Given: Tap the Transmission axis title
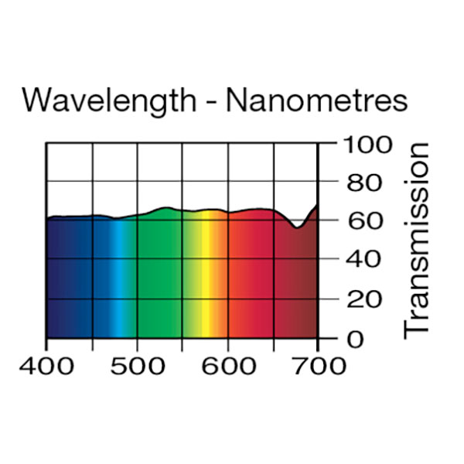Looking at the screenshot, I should pos(417,239).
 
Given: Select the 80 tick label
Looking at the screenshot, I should pos(363,183).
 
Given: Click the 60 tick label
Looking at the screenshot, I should pos(363,222).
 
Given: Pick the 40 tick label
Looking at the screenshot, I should pos(363,261).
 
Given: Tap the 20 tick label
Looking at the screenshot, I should pos(363,299).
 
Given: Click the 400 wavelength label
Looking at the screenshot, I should pos(47,365).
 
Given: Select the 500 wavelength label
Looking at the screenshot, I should pos(138,365).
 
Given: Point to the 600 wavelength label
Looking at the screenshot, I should pos(227,365).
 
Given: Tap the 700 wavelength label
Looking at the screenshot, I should pos(318,365).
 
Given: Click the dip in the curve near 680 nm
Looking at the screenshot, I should pos(298,227).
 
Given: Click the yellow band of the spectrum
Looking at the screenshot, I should pos(206,278).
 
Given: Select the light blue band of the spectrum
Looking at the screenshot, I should pos(120,278).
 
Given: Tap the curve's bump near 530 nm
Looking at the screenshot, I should pos(165,208).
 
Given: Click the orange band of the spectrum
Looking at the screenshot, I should pos(221,278).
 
